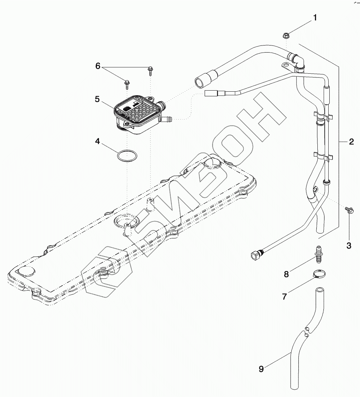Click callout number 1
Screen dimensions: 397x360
click(x=315, y=18)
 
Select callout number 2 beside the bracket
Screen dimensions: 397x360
click(x=351, y=142)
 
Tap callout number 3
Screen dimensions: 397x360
click(x=349, y=246)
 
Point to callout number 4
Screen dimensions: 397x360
click(x=97, y=142)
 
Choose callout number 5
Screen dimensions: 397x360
click(x=97, y=99)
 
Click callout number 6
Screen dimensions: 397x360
click(x=98, y=66)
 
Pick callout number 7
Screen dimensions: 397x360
click(x=284, y=297)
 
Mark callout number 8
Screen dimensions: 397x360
click(x=286, y=274)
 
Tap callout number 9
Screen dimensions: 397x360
click(x=261, y=369)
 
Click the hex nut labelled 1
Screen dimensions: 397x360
click(x=286, y=35)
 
